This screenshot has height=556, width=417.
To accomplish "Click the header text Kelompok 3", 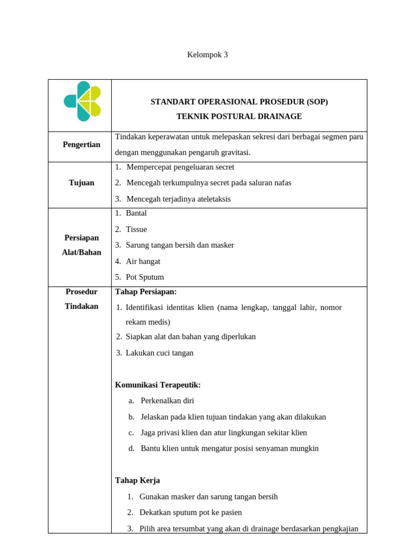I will pos(207,55).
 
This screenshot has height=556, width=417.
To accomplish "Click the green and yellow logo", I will pos(83,102).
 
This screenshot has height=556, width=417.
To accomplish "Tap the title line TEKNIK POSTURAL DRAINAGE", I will pos(239,117).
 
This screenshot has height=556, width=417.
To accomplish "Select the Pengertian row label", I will pos(81,145).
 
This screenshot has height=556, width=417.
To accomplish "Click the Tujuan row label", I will pos(81,183).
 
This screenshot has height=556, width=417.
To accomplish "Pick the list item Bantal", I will pos(136,213).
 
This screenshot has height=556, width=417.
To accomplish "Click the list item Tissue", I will pos(136,230).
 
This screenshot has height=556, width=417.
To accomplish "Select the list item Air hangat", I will pos(143,261).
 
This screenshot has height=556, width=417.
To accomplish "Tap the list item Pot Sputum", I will pos(144,277).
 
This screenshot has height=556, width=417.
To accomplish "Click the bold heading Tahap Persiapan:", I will pos(146,292).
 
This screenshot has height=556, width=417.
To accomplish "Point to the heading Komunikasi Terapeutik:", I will pos(158,385).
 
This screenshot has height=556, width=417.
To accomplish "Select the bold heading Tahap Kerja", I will pos(137,481).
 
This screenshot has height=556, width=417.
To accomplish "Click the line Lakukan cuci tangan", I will pos(159,353).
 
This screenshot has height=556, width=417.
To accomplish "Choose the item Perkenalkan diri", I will pos(167,401).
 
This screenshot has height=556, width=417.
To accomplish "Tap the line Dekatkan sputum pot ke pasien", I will pos(191,513).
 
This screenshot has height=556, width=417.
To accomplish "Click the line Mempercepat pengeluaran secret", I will pos(180,167).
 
